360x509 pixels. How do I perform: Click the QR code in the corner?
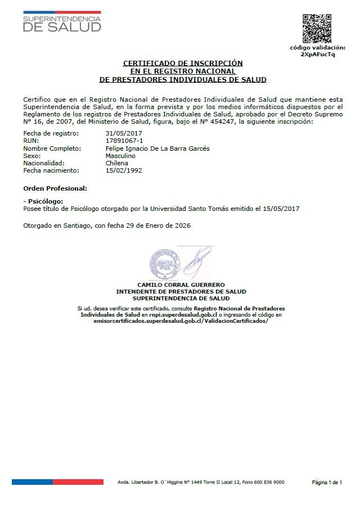point(317,28)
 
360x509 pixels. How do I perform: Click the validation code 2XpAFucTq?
point(317,55)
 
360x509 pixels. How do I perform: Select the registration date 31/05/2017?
point(121,133)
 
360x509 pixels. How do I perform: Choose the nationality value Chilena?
point(117,163)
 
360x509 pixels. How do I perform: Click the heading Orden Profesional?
point(55,187)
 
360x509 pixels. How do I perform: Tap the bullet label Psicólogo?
point(44,201)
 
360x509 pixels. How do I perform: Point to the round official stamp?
point(165,263)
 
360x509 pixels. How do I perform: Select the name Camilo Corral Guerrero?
point(181,285)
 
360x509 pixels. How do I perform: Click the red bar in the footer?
point(78,482)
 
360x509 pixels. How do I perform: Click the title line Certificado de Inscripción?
point(183,63)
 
